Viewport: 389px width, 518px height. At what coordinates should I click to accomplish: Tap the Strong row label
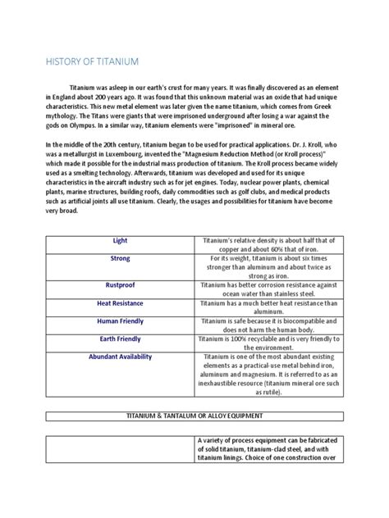121,257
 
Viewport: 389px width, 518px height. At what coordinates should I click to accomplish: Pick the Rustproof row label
121,286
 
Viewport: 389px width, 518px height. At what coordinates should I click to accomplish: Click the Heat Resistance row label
121,302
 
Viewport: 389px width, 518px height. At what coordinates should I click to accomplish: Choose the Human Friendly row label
121,320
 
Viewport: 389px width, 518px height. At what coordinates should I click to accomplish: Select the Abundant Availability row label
121,357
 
